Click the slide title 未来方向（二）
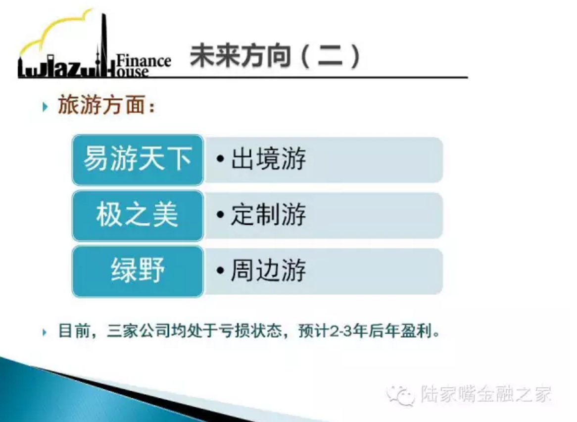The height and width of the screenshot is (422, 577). [275, 56]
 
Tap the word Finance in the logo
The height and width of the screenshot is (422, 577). [144, 61]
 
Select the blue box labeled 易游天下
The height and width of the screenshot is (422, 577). [138, 159]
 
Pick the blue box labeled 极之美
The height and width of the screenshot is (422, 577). [138, 215]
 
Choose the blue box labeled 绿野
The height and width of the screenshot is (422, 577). [138, 271]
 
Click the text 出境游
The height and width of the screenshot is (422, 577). [268, 158]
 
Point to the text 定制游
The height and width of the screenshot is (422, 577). [268, 214]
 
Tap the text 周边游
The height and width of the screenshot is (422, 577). [268, 270]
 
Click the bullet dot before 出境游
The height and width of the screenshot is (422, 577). [220, 159]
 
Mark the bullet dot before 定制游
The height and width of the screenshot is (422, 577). [220, 214]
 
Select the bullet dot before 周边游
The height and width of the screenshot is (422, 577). [220, 270]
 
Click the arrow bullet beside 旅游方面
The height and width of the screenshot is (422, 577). [45, 107]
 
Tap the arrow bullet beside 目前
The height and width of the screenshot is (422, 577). [45, 332]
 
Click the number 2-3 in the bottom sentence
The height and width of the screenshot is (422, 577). [341, 331]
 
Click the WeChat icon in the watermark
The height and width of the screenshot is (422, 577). [401, 395]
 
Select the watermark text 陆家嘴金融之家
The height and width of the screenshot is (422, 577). [486, 394]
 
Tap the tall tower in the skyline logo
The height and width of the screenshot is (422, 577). [104, 44]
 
